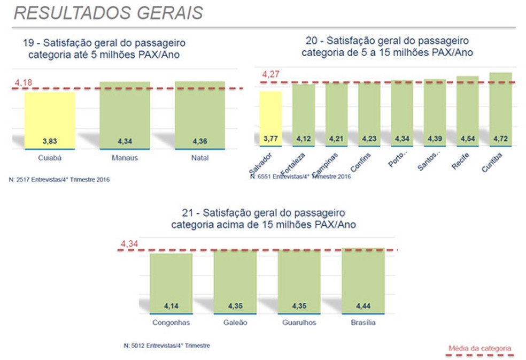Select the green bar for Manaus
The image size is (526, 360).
[x=125, y=114]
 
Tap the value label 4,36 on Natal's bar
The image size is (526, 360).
[x=199, y=142]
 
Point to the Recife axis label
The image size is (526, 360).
[x=460, y=161]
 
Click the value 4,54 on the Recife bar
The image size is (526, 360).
[x=467, y=139]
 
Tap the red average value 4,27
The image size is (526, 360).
[x=271, y=74]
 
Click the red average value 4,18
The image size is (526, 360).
[x=24, y=82]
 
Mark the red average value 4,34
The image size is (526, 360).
[x=129, y=244]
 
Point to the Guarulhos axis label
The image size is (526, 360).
[x=299, y=323]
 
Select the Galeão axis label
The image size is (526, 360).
[x=235, y=323]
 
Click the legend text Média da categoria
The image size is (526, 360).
[x=479, y=348]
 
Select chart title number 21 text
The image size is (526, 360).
[x=263, y=219]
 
